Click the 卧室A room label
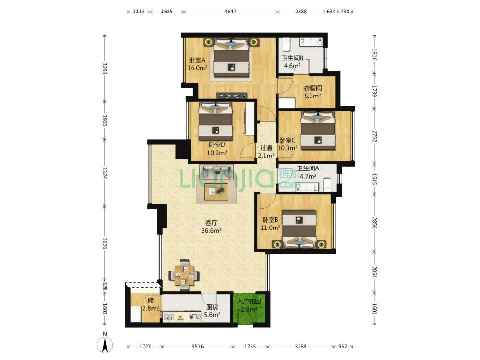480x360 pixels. (197, 60)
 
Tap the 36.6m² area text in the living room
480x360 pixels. (211, 231)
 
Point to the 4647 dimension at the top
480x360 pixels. (230, 12)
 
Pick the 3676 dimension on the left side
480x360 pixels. (104, 243)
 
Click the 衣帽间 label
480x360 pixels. (312, 88)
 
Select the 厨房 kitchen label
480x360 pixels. (212, 307)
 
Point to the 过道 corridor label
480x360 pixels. (266, 148)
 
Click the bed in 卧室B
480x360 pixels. (299, 229)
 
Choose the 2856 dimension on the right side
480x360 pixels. (374, 223)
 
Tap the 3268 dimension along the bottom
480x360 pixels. (300, 347)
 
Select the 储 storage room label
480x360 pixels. (150, 300)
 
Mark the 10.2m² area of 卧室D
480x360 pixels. (217, 153)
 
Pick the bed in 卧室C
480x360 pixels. (317, 131)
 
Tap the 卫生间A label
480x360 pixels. (308, 168)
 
